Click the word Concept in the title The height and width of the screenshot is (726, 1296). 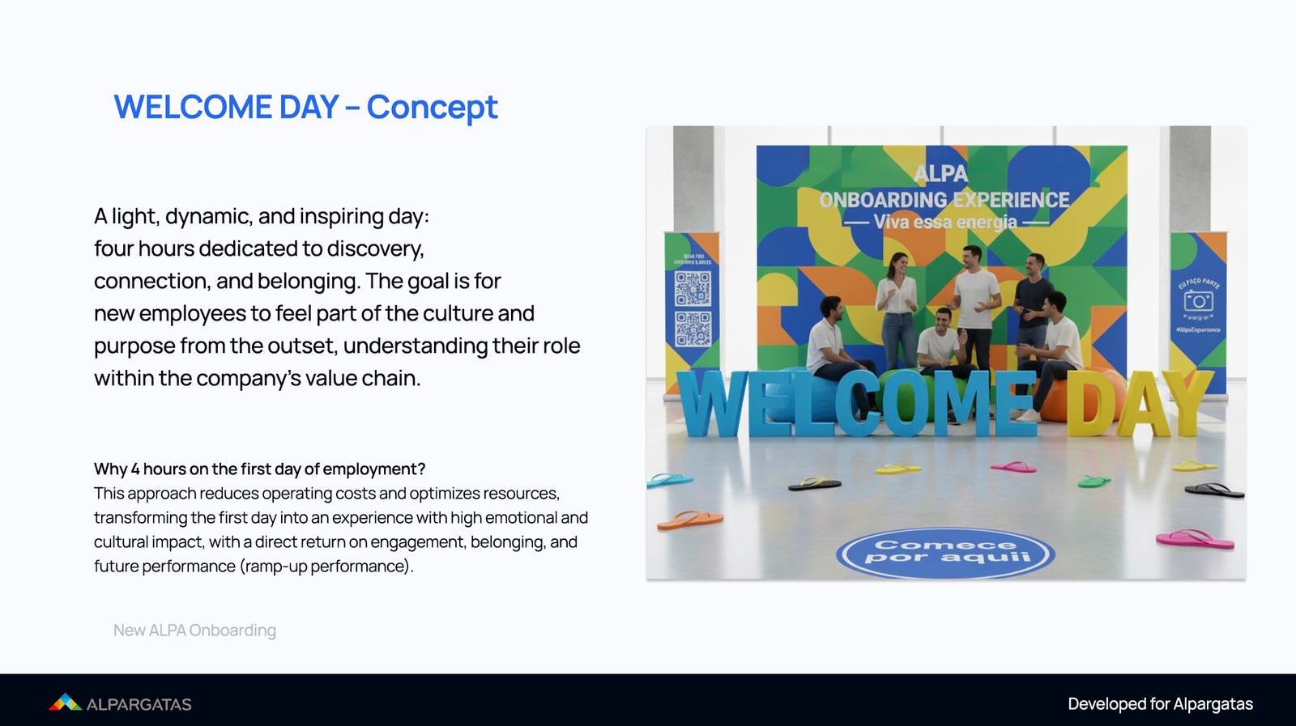coord(432,108)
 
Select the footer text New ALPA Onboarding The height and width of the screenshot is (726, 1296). coord(194,630)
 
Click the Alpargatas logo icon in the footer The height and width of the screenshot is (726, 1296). coord(65,703)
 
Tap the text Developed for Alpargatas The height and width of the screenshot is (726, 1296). coord(1160,704)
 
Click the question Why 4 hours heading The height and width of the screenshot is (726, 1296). coord(259,469)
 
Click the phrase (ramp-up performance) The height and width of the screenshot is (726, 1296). coord(326,567)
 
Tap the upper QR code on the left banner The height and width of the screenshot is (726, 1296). coord(693,289)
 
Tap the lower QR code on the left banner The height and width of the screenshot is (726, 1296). coord(693,329)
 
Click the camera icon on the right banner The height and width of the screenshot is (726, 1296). coord(1198,301)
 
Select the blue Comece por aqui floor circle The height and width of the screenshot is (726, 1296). coord(945,553)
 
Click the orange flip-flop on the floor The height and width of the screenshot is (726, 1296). coord(689,520)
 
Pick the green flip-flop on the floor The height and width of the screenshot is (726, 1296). coord(1093,482)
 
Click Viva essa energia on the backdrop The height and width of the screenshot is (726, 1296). coord(945,222)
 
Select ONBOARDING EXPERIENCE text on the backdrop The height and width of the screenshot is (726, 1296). coord(944,200)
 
